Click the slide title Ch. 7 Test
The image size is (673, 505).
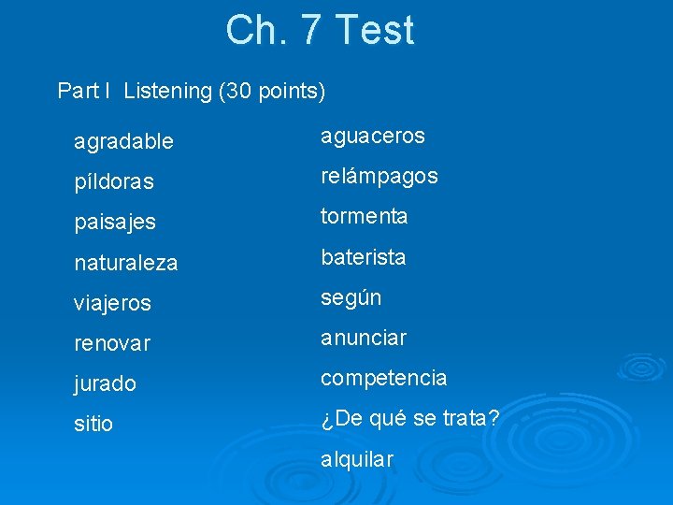coord(319,30)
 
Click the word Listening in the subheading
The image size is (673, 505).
coord(167,92)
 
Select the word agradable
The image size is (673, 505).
coord(123,142)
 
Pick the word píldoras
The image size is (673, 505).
coord(114,182)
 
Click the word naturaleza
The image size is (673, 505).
coord(125,264)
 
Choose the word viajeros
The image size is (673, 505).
coord(112,304)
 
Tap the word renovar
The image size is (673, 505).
coord(112,344)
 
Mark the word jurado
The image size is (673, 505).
coord(105,383)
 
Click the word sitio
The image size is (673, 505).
coord(93,424)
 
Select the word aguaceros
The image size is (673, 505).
coord(373,137)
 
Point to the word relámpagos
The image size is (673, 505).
coord(379,177)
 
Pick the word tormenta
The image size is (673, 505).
coord(365,216)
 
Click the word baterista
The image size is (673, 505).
coord(364,257)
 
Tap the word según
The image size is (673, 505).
coord(351,297)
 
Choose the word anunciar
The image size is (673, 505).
coord(364,338)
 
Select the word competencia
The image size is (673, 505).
coord(384,379)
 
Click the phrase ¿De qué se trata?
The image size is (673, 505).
coord(410,418)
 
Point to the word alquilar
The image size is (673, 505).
coord(357,459)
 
